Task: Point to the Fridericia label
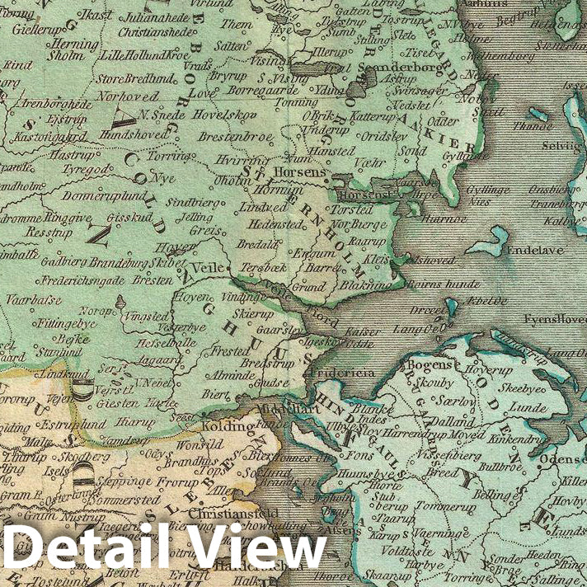pos(340,373)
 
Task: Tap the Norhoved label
pos(126,95)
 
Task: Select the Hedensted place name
pos(270,223)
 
